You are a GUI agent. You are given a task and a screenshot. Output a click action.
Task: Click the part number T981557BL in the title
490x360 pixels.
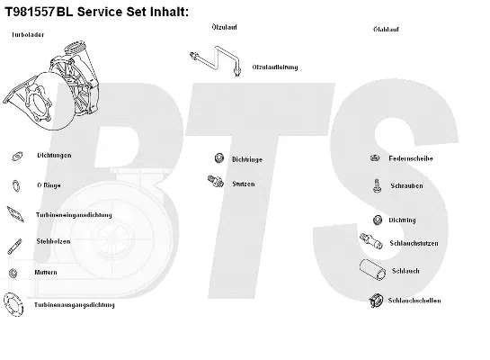point(41,11)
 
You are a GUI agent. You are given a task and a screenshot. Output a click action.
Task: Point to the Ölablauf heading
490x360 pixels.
point(386,29)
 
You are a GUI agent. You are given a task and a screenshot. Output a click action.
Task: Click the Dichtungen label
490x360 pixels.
point(54,156)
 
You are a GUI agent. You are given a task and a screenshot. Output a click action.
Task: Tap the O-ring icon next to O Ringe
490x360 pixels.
point(15,185)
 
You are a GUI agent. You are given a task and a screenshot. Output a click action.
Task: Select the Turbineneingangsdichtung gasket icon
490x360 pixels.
point(15,214)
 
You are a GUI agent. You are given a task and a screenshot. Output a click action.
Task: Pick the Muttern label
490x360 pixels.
point(47,272)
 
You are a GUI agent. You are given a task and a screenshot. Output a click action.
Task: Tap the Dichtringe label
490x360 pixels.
point(247,159)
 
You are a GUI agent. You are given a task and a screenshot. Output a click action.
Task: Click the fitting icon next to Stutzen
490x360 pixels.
point(214,182)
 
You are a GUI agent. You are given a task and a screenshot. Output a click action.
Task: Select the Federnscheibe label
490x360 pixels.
point(411,158)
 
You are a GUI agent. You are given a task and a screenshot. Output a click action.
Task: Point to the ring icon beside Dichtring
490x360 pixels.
point(377,219)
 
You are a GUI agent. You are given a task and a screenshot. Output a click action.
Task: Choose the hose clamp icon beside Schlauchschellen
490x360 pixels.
point(378,301)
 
